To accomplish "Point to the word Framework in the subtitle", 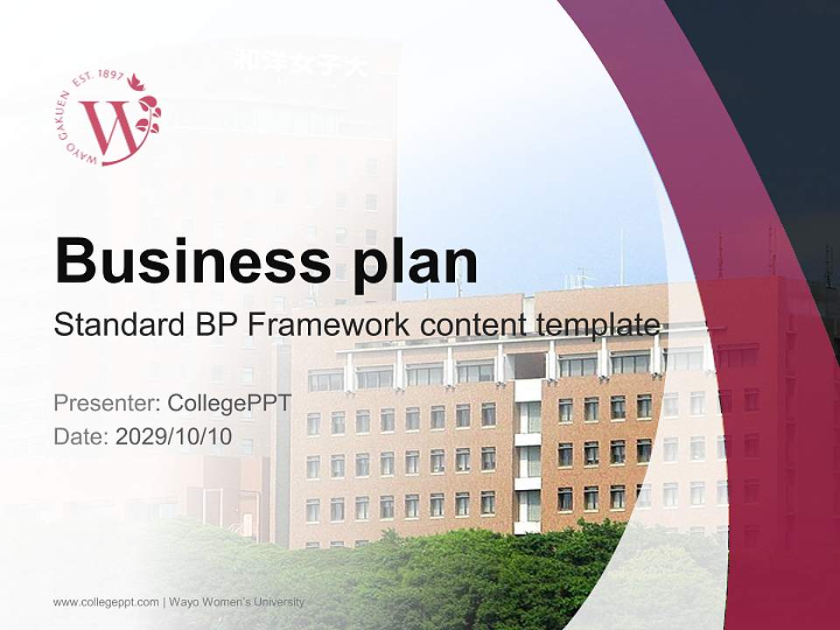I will point(328,325).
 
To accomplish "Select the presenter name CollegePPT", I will point(228,403).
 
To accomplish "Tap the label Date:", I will point(81,436).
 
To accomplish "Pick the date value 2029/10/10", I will point(174,436).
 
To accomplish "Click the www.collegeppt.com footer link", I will point(106,602).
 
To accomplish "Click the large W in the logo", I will point(110,127).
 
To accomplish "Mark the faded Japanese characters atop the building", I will point(302,63).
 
